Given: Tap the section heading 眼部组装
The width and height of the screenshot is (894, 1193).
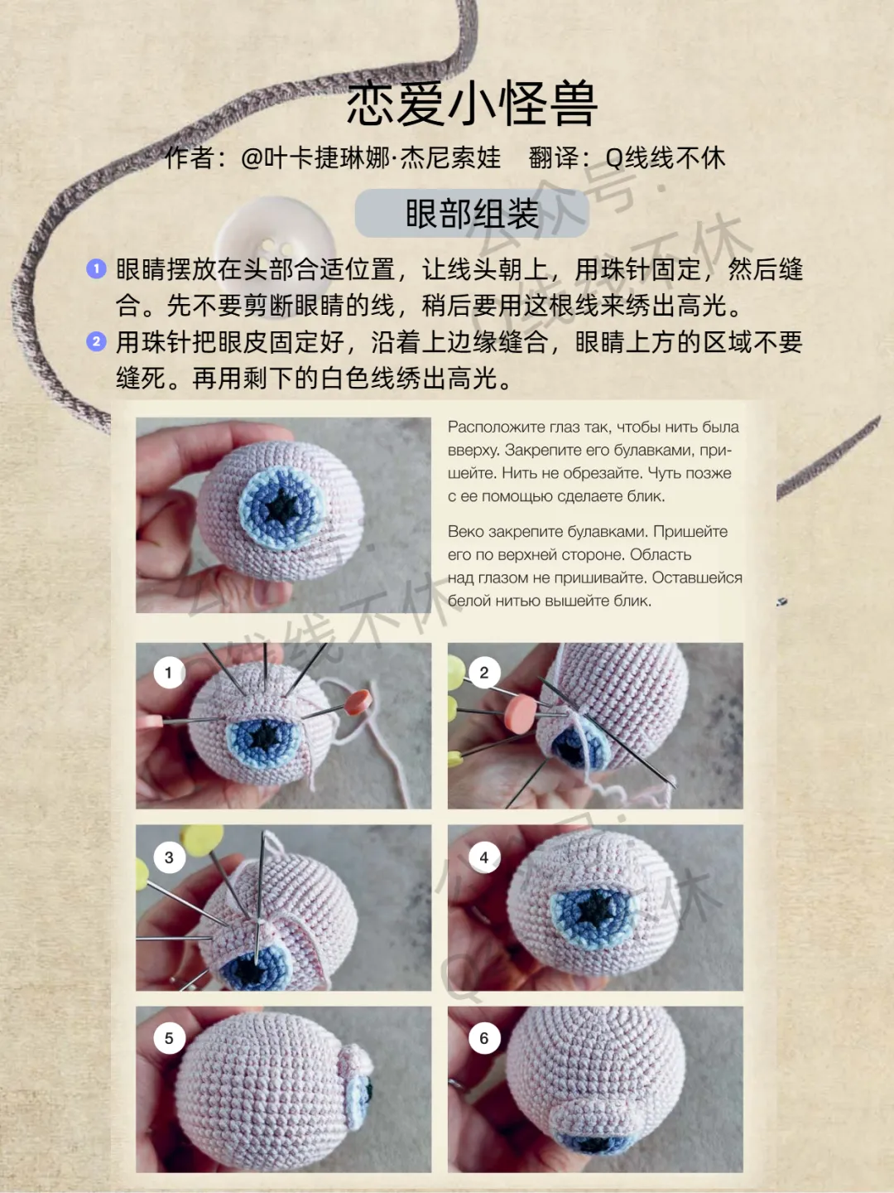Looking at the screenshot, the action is [x=472, y=214].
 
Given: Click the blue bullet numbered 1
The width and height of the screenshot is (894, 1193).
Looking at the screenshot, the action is [x=97, y=268].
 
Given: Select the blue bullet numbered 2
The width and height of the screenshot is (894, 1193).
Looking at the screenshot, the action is [x=97, y=341].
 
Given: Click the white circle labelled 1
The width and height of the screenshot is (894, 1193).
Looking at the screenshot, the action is [x=169, y=673].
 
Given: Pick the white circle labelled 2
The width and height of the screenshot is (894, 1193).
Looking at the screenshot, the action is [x=484, y=673].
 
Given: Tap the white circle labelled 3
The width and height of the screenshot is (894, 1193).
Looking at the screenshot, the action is [x=169, y=857].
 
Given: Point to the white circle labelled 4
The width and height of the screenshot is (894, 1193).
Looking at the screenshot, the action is [x=484, y=857].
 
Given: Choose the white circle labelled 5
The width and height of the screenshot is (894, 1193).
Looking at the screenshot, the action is [x=169, y=1038].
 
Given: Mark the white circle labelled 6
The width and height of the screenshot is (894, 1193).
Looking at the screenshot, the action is [x=484, y=1038].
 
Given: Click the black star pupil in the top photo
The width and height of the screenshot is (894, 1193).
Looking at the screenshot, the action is [x=282, y=506].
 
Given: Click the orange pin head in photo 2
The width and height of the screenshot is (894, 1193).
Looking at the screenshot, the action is [x=521, y=712].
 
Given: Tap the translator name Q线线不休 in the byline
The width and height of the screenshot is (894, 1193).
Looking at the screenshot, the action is [x=666, y=158].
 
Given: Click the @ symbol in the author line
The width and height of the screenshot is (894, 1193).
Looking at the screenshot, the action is [x=252, y=159].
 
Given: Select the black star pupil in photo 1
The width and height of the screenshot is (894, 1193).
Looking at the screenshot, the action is [x=265, y=737].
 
